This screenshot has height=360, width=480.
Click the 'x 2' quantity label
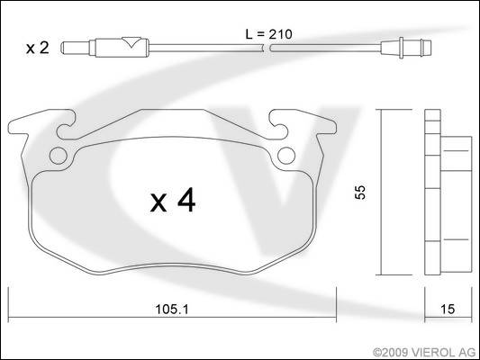(x=37, y=48)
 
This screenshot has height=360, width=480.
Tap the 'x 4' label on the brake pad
(x=173, y=201)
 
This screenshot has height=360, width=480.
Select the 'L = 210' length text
(x=268, y=34)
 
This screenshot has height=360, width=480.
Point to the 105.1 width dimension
(x=172, y=310)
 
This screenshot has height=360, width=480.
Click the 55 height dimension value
(x=360, y=192)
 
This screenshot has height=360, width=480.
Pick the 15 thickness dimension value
(x=448, y=310)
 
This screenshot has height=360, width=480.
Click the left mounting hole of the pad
(x=59, y=156)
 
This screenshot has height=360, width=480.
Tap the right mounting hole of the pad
(x=286, y=156)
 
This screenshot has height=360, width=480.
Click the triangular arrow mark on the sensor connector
(x=131, y=42)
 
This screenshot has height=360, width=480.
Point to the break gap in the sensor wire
(x=267, y=48)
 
